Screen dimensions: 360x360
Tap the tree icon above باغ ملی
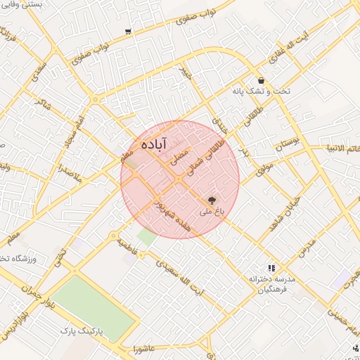coord(213,201)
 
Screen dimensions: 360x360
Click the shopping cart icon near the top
coord(127,32)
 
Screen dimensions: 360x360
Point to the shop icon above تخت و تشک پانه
coord(262,80)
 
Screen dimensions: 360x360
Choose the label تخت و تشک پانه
coord(260,91)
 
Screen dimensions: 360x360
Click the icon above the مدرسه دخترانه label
coord(271,268)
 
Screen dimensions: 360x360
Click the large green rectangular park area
coord(95,309)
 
